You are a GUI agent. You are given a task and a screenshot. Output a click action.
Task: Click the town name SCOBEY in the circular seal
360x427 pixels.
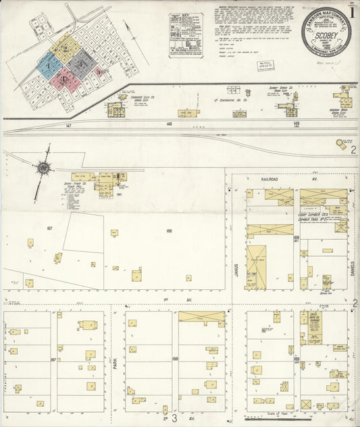[326, 40]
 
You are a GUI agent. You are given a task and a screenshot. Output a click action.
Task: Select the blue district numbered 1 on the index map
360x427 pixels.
[47, 64]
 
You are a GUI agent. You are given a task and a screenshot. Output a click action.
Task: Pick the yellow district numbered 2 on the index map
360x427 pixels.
[66, 48]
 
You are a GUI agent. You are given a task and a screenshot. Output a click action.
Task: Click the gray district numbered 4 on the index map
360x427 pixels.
[82, 64]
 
